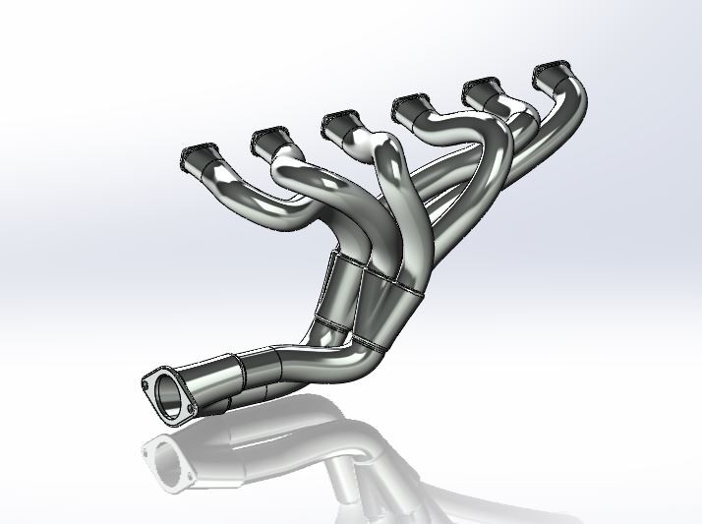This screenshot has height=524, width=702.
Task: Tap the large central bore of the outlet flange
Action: [169, 395]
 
